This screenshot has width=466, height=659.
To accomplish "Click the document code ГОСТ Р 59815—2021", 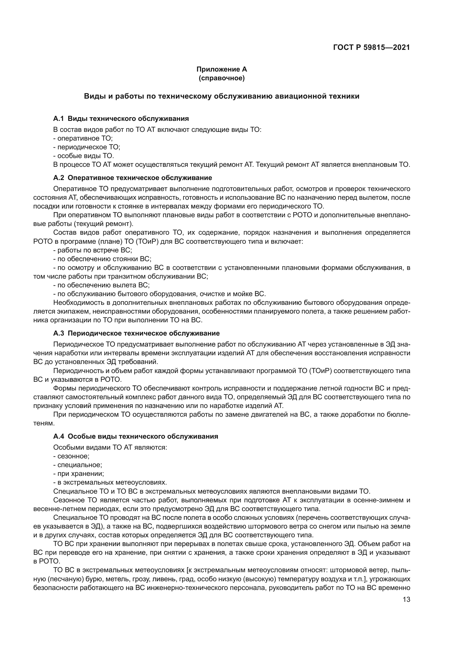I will pyautogui.click(x=371, y=48).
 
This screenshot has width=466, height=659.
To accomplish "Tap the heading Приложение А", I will pyautogui.click(x=221, y=69).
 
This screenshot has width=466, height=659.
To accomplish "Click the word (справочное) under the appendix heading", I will pyautogui.click(x=221, y=78).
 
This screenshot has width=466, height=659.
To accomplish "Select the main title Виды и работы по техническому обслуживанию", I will pyautogui.click(x=221, y=96).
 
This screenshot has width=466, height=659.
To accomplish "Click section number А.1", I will pyautogui.click(x=58, y=119).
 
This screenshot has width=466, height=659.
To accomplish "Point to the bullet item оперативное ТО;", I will pyautogui.click(x=83, y=138).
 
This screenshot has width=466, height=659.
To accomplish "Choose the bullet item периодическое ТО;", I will pyautogui.click(x=87, y=147).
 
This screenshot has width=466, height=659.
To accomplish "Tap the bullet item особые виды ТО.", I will pyautogui.click(x=84, y=156).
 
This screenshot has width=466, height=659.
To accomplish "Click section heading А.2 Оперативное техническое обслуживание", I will pyautogui.click(x=133, y=178).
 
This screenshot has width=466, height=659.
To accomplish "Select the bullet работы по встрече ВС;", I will pyautogui.click(x=93, y=250).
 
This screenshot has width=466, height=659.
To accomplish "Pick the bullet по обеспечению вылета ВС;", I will pyautogui.click(x=102, y=285).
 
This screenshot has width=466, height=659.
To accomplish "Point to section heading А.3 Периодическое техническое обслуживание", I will pyautogui.click(x=136, y=333).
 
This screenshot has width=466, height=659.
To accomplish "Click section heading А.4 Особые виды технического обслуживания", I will pyautogui.click(x=136, y=436).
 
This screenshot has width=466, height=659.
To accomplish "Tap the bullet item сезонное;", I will pyautogui.click(x=72, y=456).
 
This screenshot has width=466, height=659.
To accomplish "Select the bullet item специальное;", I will pyautogui.click(x=78, y=465).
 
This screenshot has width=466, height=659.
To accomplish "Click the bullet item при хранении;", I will pyautogui.click(x=79, y=474).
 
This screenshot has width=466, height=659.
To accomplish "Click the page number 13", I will pyautogui.click(x=406, y=600).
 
